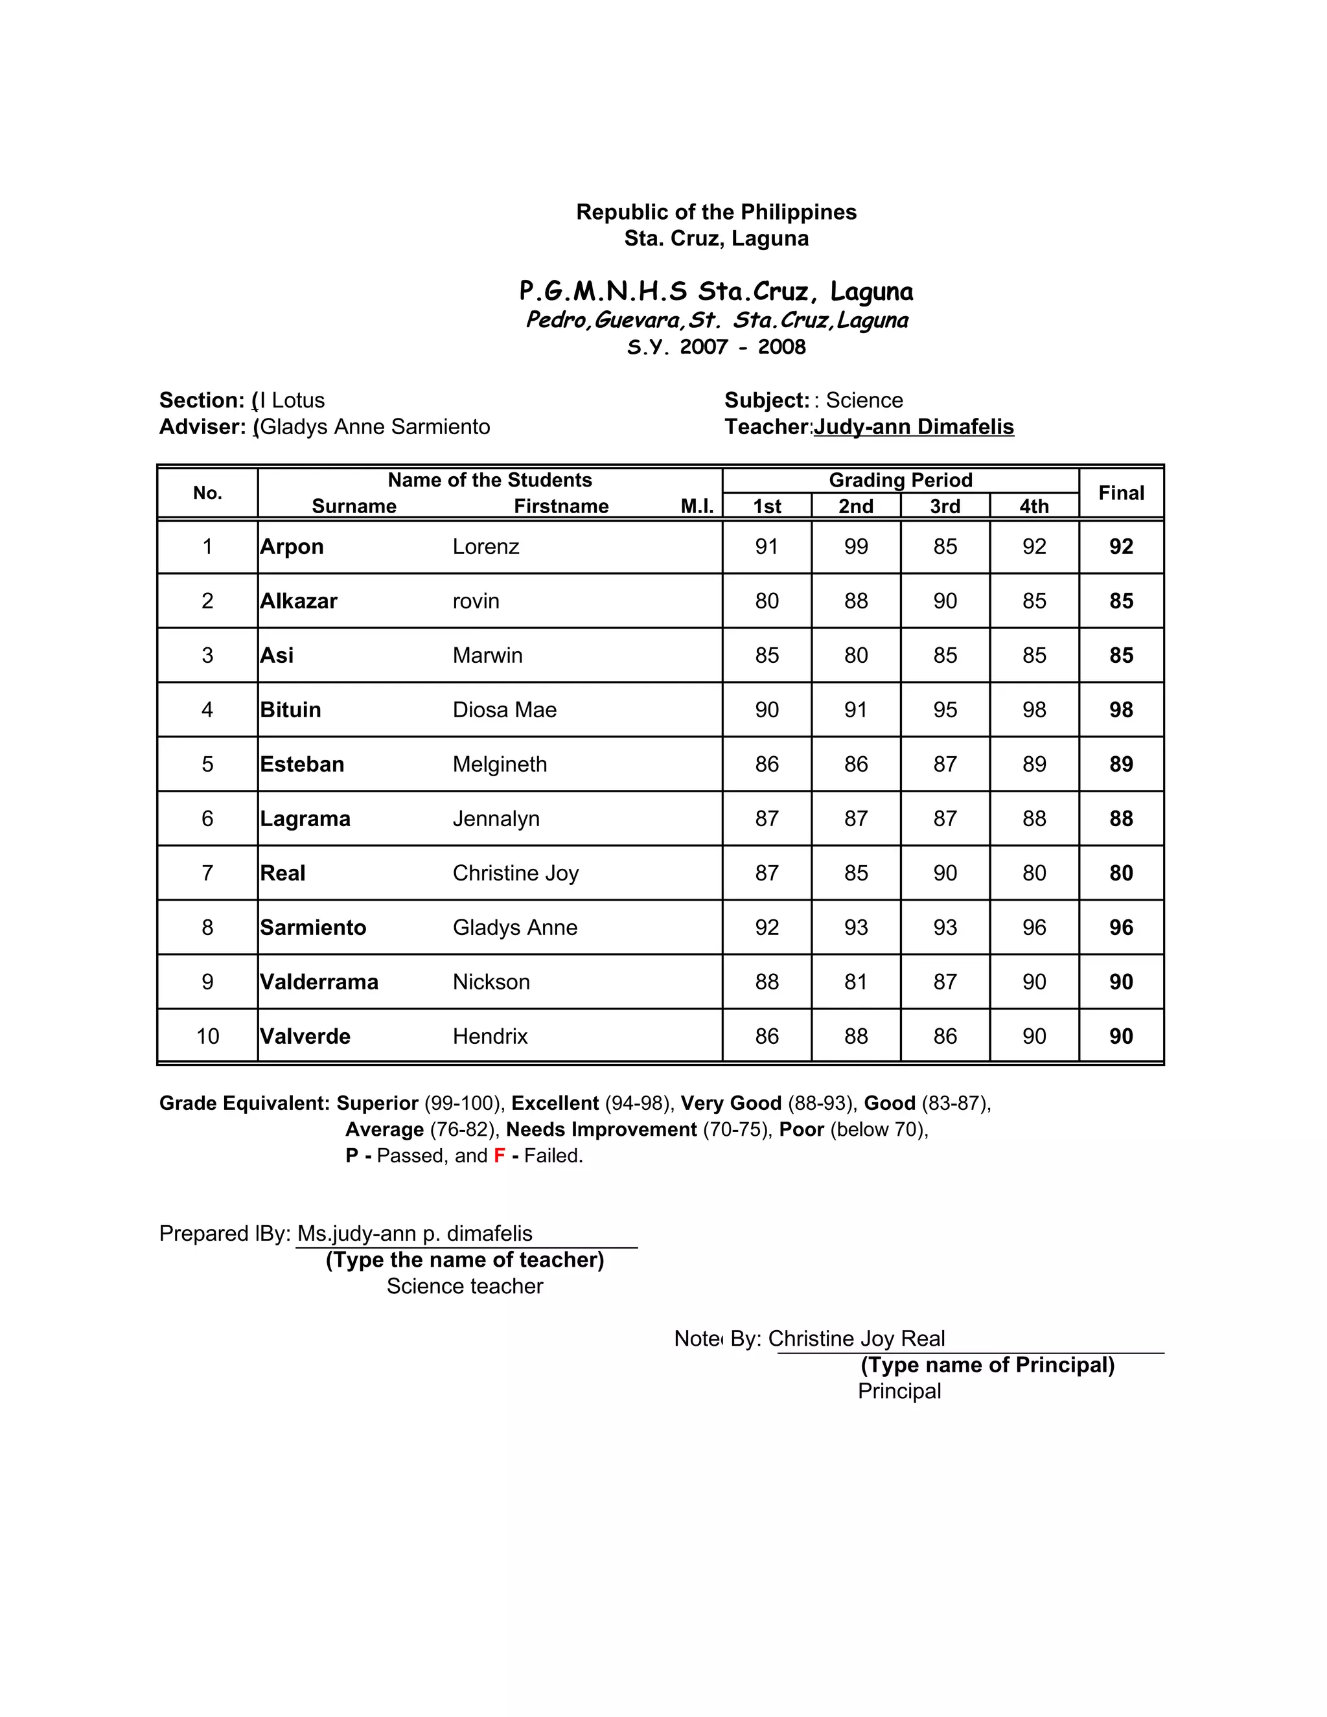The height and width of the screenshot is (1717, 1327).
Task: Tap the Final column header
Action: click(x=1120, y=493)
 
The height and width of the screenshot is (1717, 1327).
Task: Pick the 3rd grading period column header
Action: click(x=945, y=506)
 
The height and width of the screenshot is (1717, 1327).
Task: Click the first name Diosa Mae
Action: click(x=504, y=710)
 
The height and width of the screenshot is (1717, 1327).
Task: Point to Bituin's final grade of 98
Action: click(x=1120, y=710)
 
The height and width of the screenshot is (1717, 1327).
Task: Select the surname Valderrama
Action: click(x=319, y=982)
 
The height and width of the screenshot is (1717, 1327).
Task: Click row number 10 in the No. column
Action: click(x=207, y=1036)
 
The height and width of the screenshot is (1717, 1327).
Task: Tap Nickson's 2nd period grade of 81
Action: click(x=855, y=982)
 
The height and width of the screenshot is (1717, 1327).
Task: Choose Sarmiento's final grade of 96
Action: click(x=1120, y=928)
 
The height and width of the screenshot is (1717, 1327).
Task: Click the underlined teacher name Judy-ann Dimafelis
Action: click(x=914, y=427)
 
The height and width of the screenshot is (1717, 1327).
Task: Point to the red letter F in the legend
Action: click(x=499, y=1156)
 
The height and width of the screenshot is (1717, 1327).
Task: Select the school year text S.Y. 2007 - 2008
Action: click(x=716, y=347)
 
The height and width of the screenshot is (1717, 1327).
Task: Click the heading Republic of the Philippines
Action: click(x=716, y=213)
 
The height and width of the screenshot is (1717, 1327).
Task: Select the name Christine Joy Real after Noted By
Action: click(x=856, y=1338)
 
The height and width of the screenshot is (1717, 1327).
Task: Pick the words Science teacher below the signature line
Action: click(x=465, y=1286)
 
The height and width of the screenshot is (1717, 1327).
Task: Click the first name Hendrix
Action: click(x=490, y=1036)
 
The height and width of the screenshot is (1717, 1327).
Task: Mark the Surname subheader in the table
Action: click(x=354, y=506)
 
